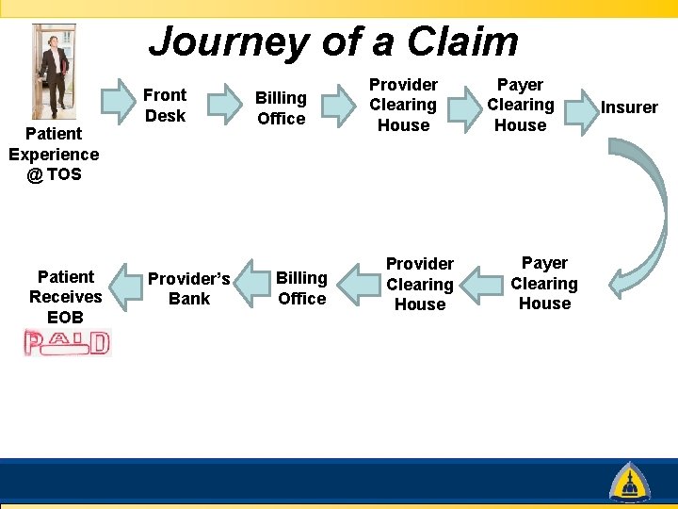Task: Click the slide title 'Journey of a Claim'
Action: (333, 41)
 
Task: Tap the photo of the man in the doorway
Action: (53, 71)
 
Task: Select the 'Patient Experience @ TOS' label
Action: (54, 154)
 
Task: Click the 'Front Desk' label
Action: (165, 105)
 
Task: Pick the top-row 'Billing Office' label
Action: (281, 107)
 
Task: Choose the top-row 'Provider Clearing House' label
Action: (403, 105)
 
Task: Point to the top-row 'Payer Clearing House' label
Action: (520, 105)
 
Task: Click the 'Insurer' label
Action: (629, 107)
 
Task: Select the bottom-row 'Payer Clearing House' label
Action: (544, 283)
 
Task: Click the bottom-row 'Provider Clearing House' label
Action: (420, 284)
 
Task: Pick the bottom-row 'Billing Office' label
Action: (301, 287)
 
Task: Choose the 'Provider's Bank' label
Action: (189, 288)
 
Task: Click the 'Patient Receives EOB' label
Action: (66, 296)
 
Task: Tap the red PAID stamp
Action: (67, 342)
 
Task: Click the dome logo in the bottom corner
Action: (628, 482)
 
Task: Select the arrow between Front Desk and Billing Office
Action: (223, 104)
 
